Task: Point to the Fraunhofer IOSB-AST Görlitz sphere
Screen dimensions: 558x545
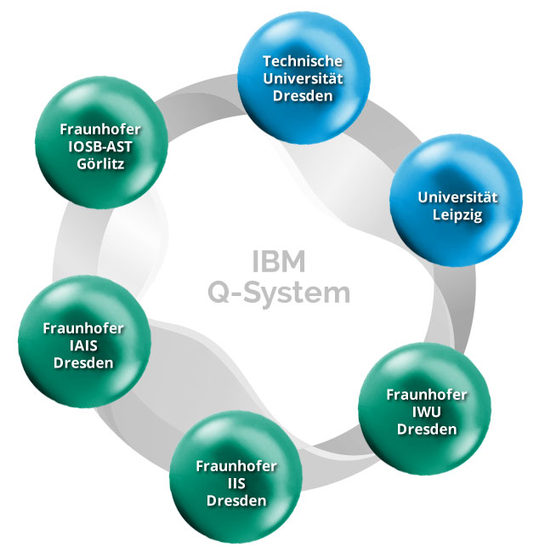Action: (x=100, y=145)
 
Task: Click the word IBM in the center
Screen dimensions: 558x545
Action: (x=279, y=260)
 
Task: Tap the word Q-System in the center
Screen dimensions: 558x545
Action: (x=279, y=293)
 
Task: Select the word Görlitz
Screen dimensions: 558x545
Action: (x=100, y=162)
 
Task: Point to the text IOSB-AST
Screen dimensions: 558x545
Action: (x=100, y=145)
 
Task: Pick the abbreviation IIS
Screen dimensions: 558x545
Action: (x=236, y=483)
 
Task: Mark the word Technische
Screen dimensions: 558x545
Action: (x=303, y=60)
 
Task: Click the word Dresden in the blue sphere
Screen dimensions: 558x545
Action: (x=303, y=95)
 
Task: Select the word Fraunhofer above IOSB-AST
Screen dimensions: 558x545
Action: (x=100, y=128)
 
